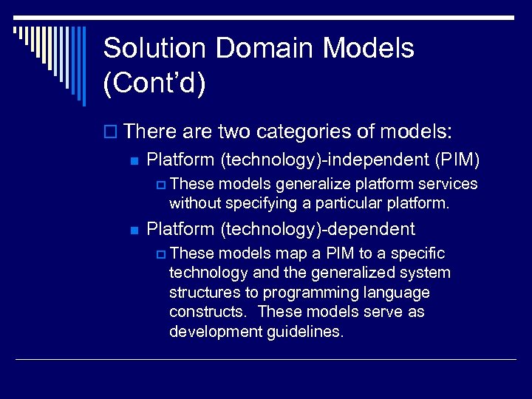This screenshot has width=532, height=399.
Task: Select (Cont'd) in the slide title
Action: [154, 83]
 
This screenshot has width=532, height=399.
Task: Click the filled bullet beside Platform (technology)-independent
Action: [134, 160]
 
